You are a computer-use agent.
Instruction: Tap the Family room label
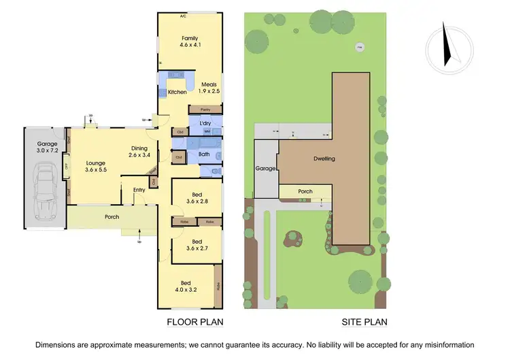(190, 38)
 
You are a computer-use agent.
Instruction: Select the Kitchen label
(177, 92)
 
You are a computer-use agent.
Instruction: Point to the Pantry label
(205, 109)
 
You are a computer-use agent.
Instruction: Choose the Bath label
(204, 154)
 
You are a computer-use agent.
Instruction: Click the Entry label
(139, 190)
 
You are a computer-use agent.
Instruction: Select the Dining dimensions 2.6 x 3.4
(143, 155)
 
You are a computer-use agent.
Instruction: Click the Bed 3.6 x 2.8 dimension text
(197, 201)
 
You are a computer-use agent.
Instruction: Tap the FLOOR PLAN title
(195, 322)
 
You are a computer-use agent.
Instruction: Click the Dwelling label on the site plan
(324, 159)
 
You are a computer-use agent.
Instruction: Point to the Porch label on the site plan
(305, 192)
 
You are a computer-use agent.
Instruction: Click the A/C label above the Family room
(183, 16)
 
